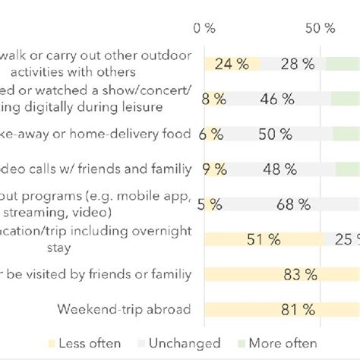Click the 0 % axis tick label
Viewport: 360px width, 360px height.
pyautogui.click(x=204, y=29)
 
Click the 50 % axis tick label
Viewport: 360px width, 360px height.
pyautogui.click(x=319, y=29)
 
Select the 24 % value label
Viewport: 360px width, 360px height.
pyautogui.click(x=232, y=64)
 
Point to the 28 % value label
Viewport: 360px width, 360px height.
pyautogui.click(x=296, y=64)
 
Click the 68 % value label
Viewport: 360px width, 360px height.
pyautogui.click(x=293, y=204)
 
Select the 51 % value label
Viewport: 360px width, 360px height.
pyautogui.click(x=263, y=239)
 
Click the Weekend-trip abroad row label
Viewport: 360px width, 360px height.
pyautogui.click(x=124, y=309)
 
